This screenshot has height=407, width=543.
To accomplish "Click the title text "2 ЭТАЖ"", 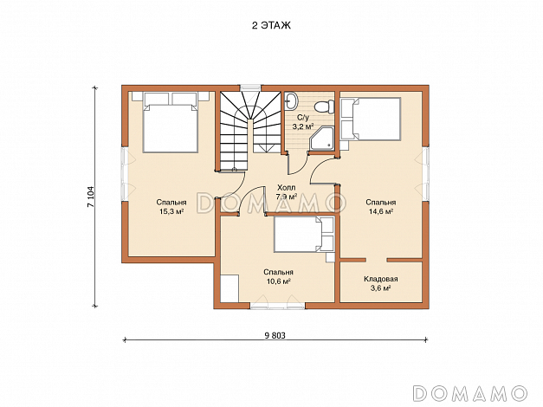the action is pyautogui.click(x=271, y=26).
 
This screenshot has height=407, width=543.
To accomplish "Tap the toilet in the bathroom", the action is pyautogui.click(x=325, y=106).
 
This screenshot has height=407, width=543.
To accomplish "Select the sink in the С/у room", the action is pyautogui.click(x=290, y=100).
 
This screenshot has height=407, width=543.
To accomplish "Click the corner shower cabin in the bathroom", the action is pyautogui.click(x=321, y=139).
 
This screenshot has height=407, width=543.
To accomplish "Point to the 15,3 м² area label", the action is pyautogui.click(x=171, y=211).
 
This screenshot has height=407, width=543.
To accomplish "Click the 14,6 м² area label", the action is pyautogui.click(x=380, y=211).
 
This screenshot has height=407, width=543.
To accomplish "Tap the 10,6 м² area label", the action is pyautogui.click(x=278, y=281).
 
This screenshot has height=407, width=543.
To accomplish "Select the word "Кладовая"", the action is pyautogui.click(x=380, y=279).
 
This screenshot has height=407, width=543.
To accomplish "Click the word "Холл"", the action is pyautogui.click(x=287, y=188).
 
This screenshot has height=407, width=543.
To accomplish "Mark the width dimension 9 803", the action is pyautogui.click(x=275, y=335).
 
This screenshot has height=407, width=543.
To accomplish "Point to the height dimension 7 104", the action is pyautogui.click(x=90, y=197).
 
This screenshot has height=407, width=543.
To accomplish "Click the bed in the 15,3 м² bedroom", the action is pyautogui.click(x=171, y=123).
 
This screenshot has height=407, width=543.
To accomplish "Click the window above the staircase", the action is pyautogui.click(x=250, y=87).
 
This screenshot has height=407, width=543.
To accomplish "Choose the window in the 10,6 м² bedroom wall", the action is pyautogui.click(x=278, y=306).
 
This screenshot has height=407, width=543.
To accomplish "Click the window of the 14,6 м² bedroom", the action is pyautogui.click(x=426, y=174).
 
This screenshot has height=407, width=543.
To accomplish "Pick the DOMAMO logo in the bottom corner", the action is pyautogui.click(x=470, y=393).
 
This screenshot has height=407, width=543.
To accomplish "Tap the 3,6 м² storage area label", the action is pyautogui.click(x=380, y=287).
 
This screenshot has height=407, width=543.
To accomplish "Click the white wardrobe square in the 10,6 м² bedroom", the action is pyautogui.click(x=229, y=288).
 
